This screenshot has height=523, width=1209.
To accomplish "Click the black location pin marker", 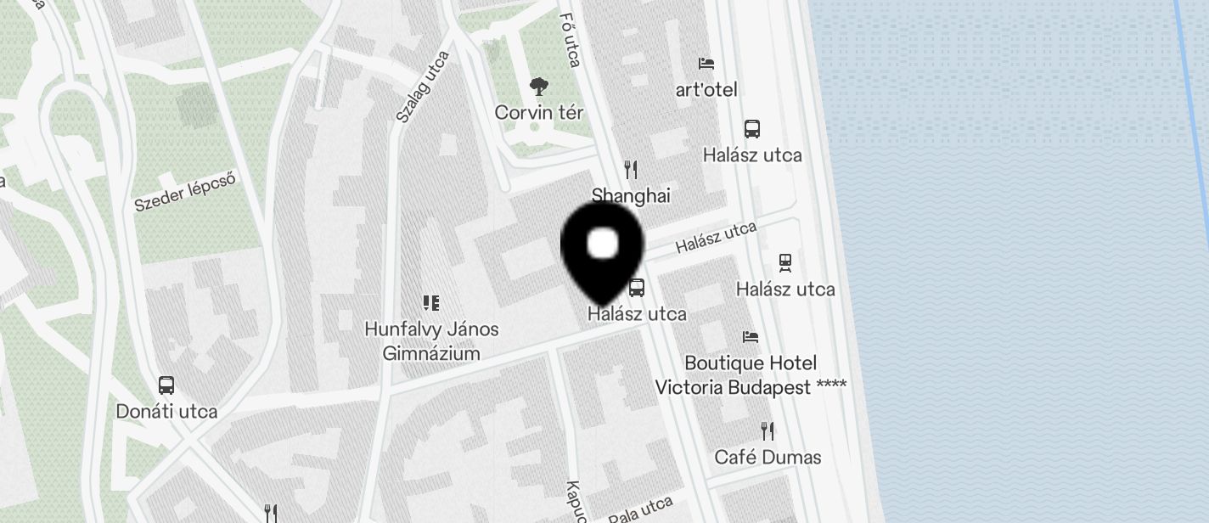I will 603,249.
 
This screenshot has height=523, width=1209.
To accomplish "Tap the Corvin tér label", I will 539,113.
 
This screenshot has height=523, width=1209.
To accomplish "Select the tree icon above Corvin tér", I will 537,86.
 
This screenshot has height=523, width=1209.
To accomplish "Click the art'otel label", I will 706,89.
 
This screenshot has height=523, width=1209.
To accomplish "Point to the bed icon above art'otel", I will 706,64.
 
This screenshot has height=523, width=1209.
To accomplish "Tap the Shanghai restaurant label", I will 631,196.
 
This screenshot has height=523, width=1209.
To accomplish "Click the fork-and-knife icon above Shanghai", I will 631,170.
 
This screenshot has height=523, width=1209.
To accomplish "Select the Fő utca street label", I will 571,39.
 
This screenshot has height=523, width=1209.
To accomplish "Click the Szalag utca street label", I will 422,86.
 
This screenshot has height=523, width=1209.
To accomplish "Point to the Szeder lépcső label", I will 184,192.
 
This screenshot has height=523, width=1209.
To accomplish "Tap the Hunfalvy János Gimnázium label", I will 431,340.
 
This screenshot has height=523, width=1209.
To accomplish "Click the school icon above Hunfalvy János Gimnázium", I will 431,303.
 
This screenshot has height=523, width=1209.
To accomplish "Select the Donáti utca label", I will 166,412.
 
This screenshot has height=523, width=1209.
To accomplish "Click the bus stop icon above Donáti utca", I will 166,385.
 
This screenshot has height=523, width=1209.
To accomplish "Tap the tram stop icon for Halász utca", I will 785,263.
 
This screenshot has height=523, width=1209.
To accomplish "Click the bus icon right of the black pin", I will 637,288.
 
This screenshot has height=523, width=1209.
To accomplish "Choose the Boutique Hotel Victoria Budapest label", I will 751,374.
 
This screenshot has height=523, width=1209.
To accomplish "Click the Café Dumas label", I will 768,458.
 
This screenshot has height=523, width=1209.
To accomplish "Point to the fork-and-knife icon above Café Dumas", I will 768,430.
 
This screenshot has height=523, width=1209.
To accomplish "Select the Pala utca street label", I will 641,509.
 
